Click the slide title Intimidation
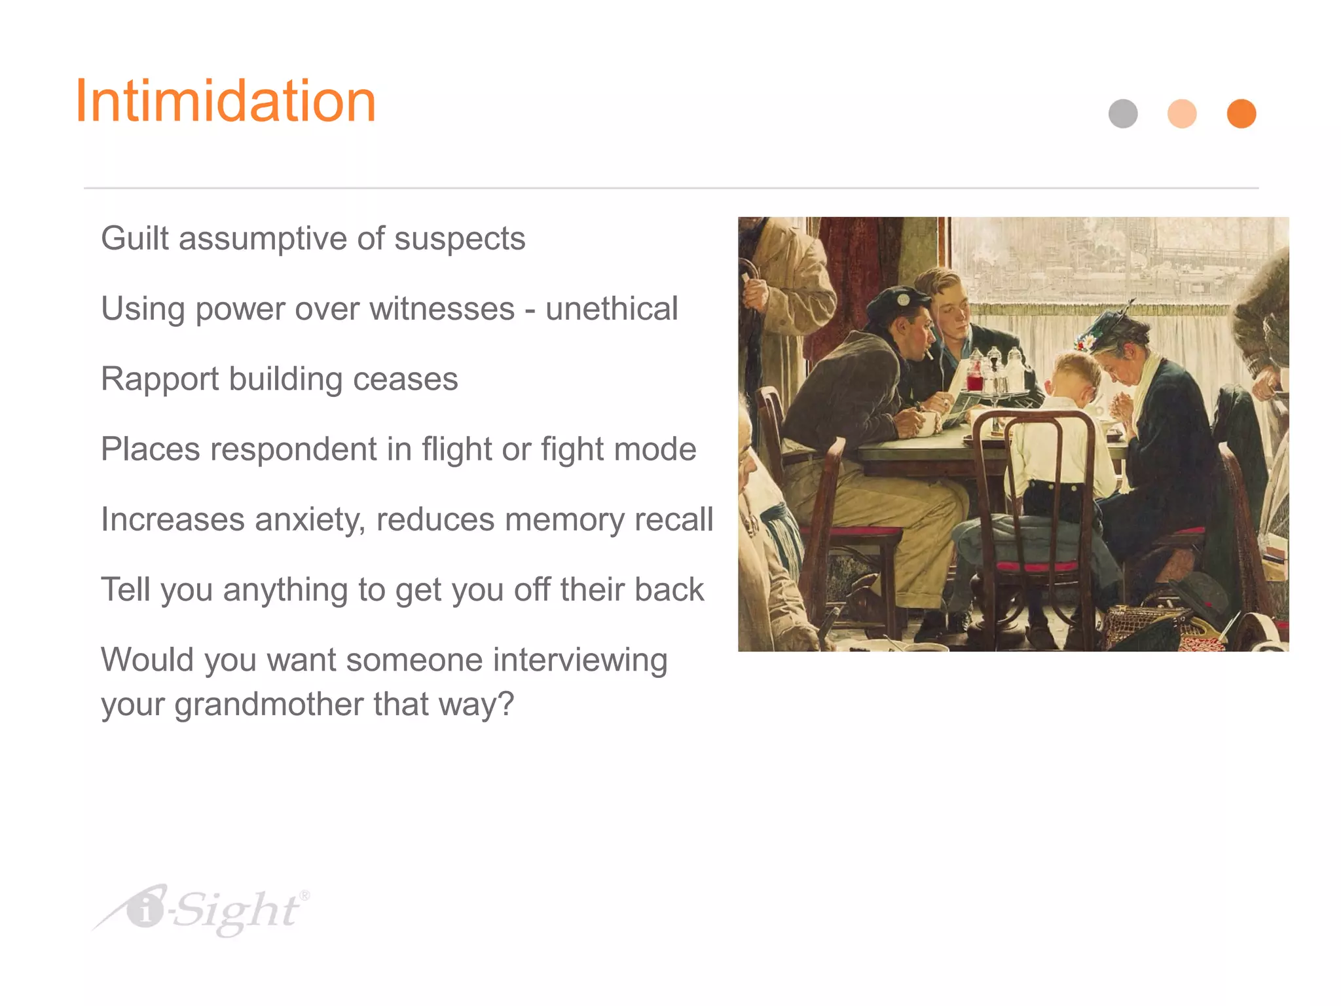click(226, 102)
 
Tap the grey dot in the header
click(1123, 113)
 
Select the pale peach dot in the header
click(1182, 113)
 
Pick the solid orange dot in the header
click(1241, 113)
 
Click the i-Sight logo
click(203, 910)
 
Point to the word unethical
click(612, 309)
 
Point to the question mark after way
click(506, 705)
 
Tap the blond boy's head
click(1074, 373)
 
